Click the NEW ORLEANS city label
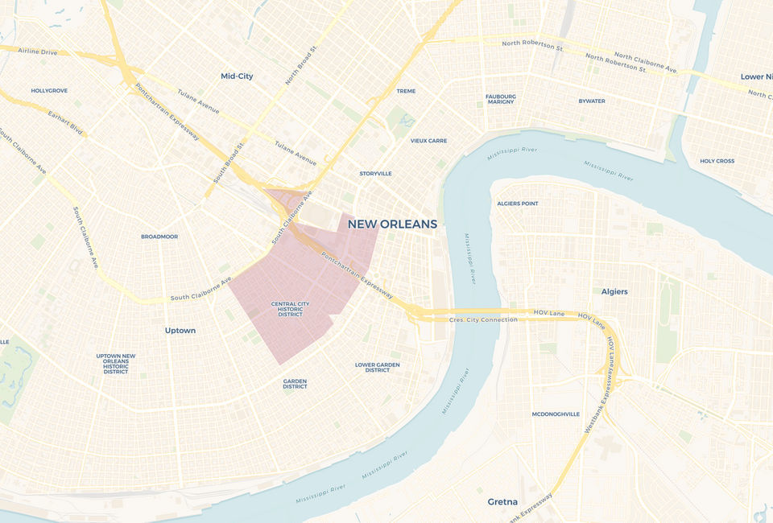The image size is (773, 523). click(x=392, y=224)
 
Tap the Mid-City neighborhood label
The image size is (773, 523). click(x=237, y=76)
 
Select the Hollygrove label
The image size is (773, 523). click(x=49, y=91)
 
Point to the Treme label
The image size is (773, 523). click(x=406, y=91)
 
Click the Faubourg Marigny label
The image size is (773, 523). click(x=500, y=99)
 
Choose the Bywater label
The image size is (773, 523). click(x=592, y=101)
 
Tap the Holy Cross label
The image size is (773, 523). click(x=717, y=161)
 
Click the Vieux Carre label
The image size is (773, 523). click(x=428, y=141)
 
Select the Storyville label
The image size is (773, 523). click(x=375, y=174)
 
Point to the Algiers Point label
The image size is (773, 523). click(x=518, y=204)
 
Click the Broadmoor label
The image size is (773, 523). click(x=159, y=237)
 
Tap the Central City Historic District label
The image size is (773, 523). click(x=290, y=309)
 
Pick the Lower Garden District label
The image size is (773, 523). click(x=378, y=367)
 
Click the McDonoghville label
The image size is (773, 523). click(x=556, y=414)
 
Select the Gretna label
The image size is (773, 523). click(x=502, y=502)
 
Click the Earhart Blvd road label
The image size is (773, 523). click(x=66, y=122)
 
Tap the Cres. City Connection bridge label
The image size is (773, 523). click(x=483, y=320)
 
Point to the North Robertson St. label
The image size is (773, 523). click(x=532, y=46)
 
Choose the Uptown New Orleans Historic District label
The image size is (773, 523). click(x=116, y=364)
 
